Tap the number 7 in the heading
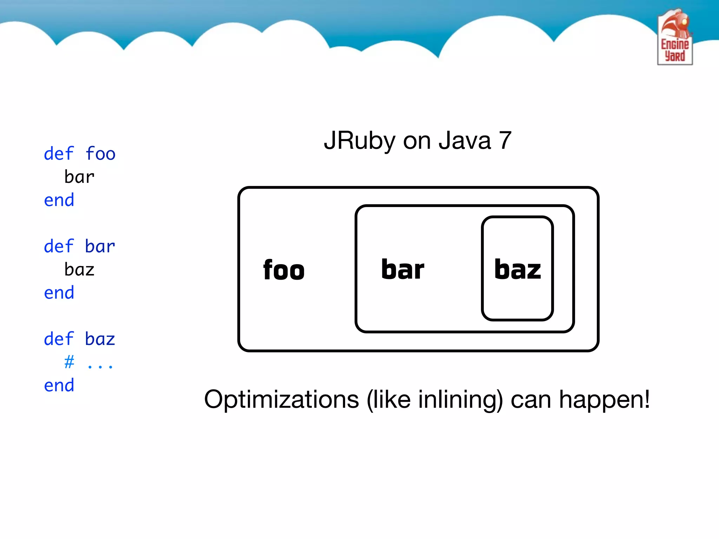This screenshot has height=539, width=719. [505, 140]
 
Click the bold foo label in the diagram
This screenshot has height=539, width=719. [284, 270]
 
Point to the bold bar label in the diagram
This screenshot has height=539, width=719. [403, 269]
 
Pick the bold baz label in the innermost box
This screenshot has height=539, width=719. [517, 269]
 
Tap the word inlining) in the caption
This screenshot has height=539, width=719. [460, 400]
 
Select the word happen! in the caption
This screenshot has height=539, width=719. [604, 400]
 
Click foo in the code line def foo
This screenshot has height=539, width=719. [100, 154]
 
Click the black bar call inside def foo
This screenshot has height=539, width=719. [79, 177]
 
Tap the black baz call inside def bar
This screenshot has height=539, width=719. [79, 269]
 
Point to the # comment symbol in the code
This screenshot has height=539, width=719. [69, 361]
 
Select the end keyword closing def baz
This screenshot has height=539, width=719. [59, 385]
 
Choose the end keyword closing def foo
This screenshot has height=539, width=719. [59, 200]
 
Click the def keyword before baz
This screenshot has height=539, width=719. [59, 339]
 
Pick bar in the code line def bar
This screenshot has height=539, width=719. [100, 246]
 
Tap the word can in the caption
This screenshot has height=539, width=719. [530, 400]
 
